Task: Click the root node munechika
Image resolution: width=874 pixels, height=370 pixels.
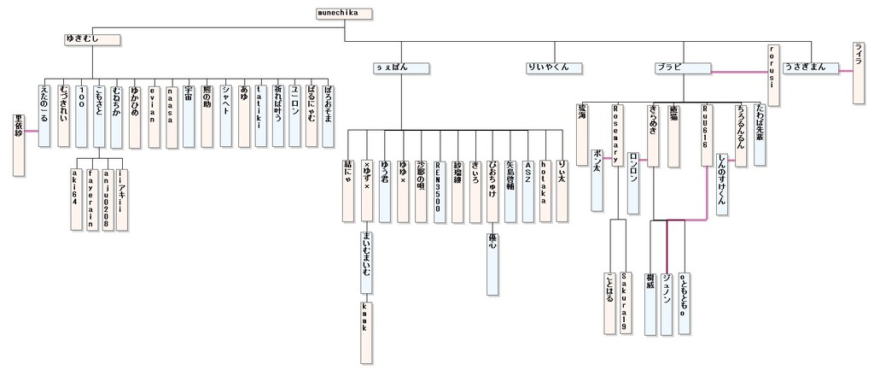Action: coord(344,14)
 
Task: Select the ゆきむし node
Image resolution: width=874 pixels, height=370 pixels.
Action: coord(92,39)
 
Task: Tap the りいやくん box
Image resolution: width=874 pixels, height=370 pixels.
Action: coord(554,68)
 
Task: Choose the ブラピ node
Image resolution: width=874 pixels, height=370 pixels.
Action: coord(684,68)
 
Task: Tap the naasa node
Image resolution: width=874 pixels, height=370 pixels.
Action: coord(172,116)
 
